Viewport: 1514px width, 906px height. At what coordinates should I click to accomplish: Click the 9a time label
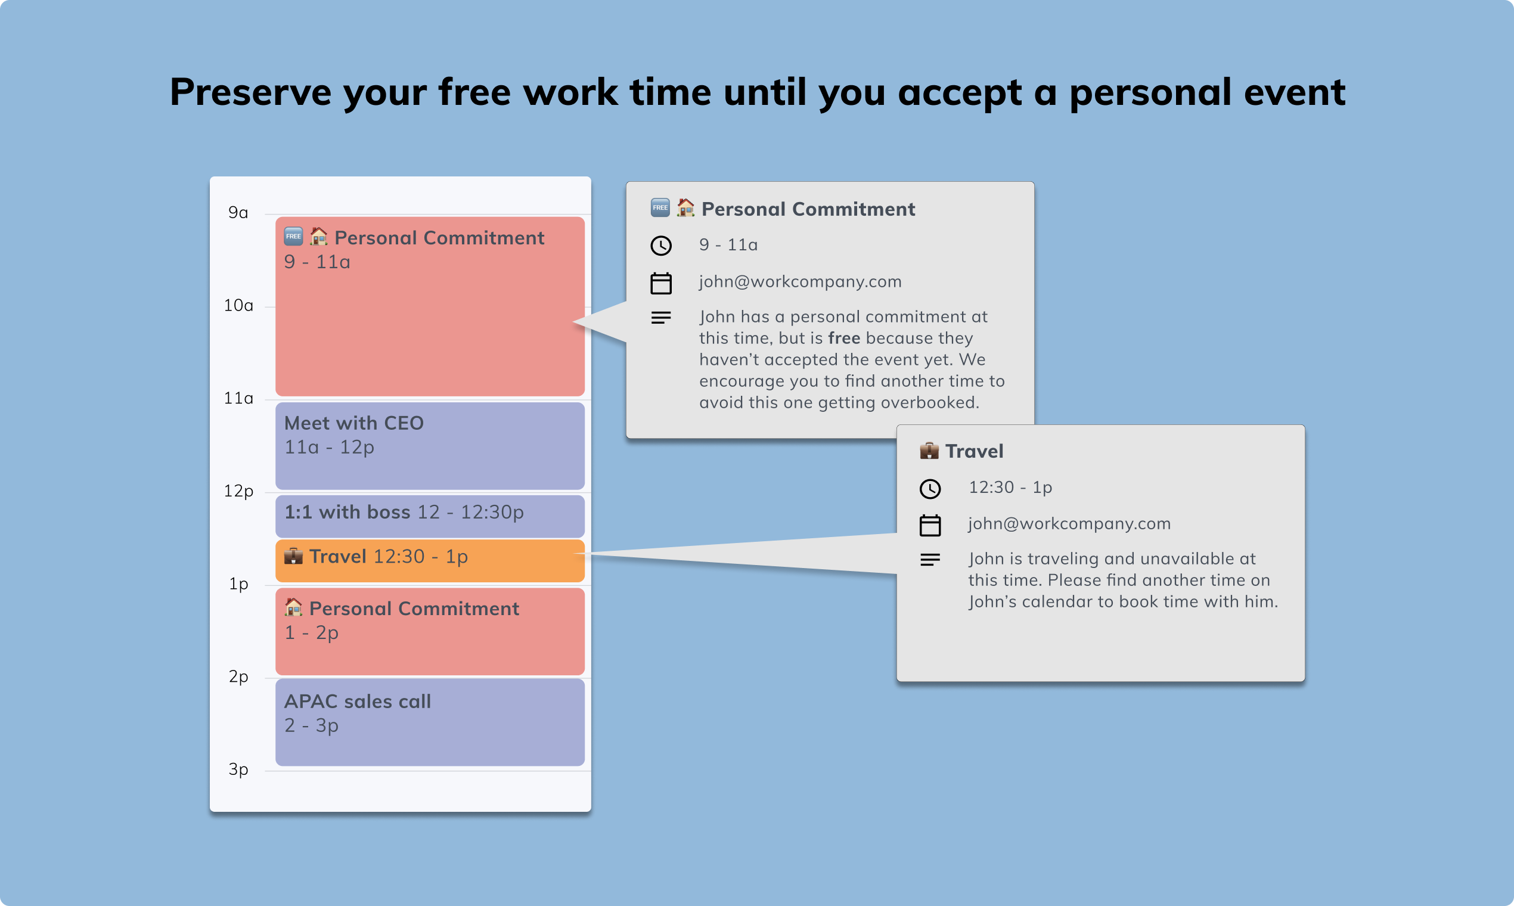[x=238, y=212]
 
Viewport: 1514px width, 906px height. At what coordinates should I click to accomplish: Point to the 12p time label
[x=238, y=491]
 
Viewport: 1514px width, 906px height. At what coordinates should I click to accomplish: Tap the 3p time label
[x=238, y=770]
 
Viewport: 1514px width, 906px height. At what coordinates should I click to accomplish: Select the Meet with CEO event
[x=430, y=446]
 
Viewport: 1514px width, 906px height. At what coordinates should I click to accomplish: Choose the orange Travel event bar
[x=430, y=559]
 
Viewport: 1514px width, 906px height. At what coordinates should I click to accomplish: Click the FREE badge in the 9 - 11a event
[x=294, y=236]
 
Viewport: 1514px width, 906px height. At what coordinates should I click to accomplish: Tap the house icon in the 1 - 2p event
[x=294, y=607]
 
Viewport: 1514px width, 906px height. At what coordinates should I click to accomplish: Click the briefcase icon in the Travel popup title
[x=929, y=451]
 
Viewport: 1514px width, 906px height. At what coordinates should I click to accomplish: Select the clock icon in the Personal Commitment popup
[x=661, y=246]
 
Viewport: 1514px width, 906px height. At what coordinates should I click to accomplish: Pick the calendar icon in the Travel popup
[x=930, y=525]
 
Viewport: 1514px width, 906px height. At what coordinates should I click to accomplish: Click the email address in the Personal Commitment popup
[x=800, y=281]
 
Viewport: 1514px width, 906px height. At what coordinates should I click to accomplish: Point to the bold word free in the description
[x=843, y=338]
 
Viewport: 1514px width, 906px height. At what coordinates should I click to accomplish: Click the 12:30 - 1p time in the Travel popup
[x=1010, y=487]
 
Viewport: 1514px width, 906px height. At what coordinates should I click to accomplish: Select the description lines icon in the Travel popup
[x=930, y=559]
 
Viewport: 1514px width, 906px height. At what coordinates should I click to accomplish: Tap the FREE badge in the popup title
[x=660, y=207]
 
